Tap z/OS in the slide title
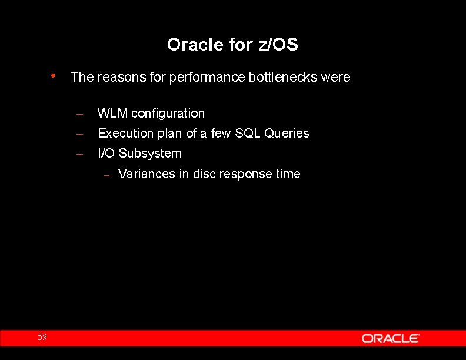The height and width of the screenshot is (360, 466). tap(278, 45)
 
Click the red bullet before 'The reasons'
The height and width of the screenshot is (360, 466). tap(54, 76)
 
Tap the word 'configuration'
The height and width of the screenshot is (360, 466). tap(168, 114)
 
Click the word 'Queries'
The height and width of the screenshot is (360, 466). tap(287, 134)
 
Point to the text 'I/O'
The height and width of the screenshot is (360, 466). tap(106, 154)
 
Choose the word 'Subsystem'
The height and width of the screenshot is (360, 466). tap(150, 154)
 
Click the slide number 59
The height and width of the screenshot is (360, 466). tap(42, 337)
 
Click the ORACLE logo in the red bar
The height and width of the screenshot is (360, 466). tap(390, 338)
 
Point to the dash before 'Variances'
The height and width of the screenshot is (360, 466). tap(106, 175)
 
